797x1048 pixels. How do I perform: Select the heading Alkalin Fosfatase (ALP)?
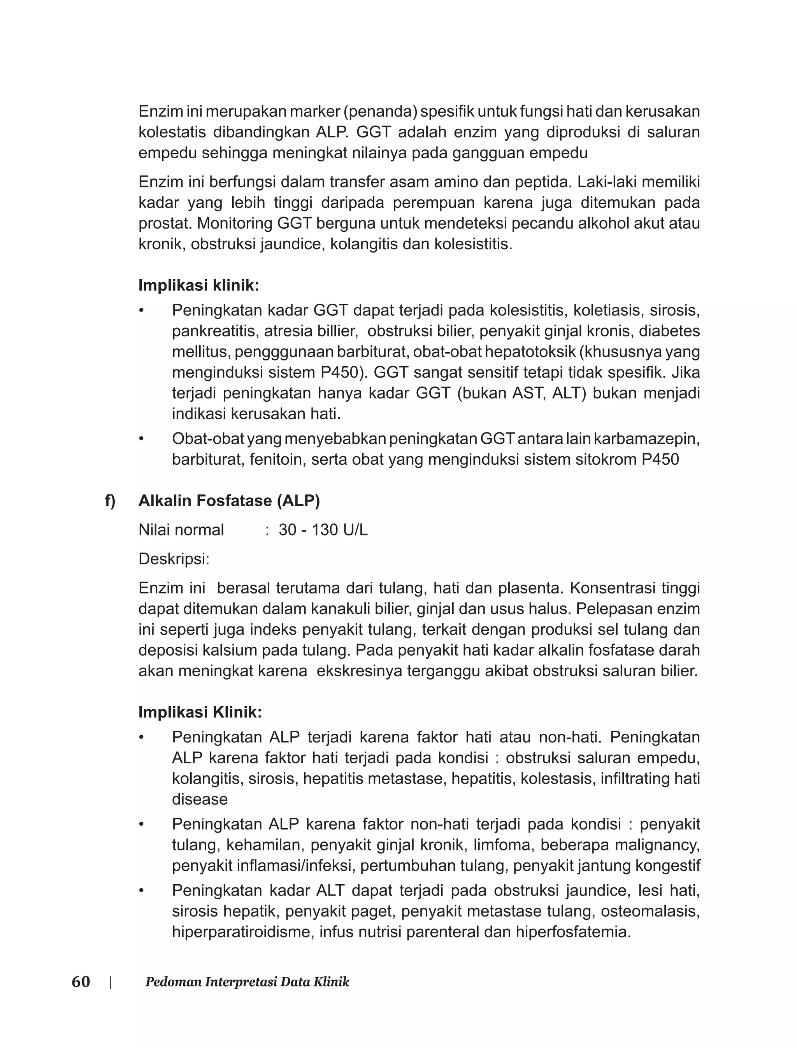coord(229,500)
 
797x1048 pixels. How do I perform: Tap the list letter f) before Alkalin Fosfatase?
coord(110,500)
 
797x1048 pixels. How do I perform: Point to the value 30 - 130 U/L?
coord(323,530)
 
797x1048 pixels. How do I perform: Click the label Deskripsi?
coord(174,559)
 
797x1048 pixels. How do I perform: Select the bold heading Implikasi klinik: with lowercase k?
coord(199,285)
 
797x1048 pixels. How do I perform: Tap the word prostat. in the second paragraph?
coord(165,223)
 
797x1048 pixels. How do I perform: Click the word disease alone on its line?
coord(200,799)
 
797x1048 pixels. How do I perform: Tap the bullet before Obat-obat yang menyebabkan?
coord(141,439)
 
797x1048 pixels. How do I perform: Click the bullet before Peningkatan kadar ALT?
coord(141,891)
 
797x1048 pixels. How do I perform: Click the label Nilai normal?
coord(181,530)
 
